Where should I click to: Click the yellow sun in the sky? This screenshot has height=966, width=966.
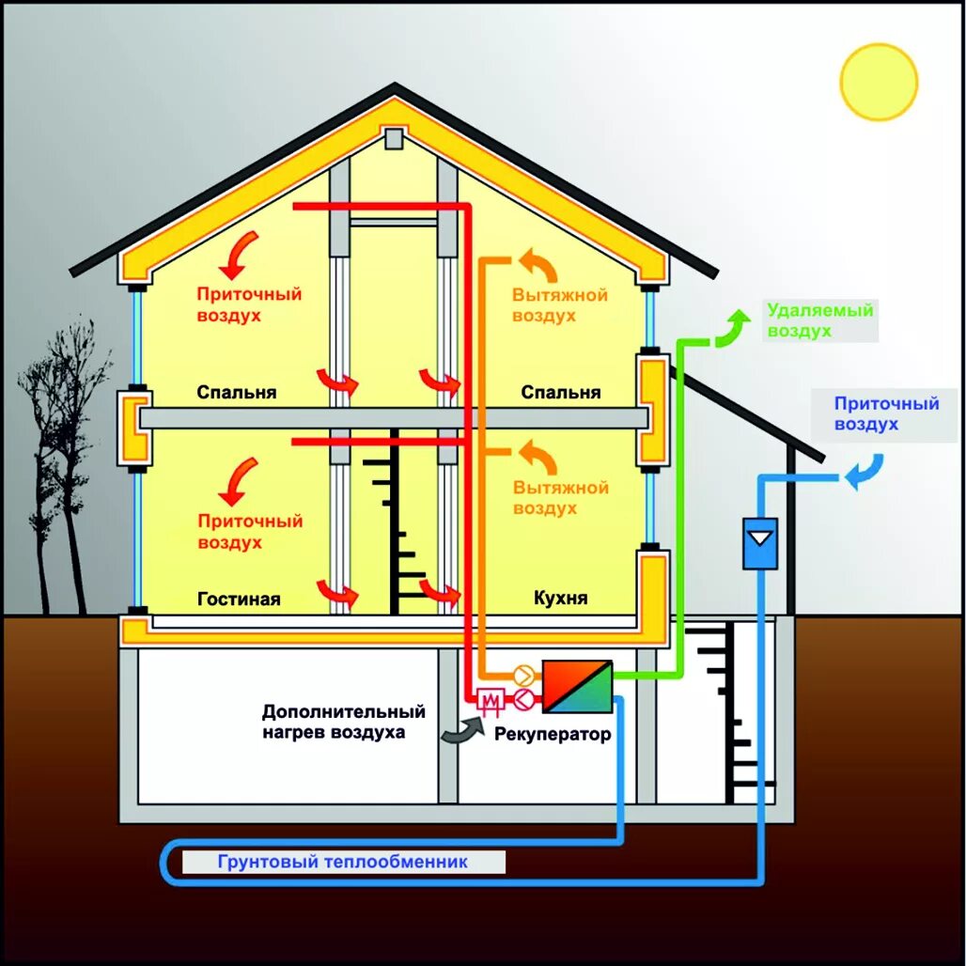click(x=878, y=82)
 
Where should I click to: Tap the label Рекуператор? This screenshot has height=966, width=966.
click(x=553, y=734)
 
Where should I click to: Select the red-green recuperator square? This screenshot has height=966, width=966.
click(x=577, y=686)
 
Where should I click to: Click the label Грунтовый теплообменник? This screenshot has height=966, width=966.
click(x=342, y=862)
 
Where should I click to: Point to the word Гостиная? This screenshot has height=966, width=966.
click(x=239, y=599)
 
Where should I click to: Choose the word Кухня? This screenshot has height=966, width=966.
click(x=560, y=598)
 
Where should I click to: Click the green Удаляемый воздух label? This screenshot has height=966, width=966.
click(x=819, y=320)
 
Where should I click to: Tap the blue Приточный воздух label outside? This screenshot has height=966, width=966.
click(x=886, y=413)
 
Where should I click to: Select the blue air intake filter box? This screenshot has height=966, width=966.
click(x=760, y=543)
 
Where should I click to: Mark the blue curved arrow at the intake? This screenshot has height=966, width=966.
click(x=864, y=472)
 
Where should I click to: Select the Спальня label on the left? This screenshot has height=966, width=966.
click(x=237, y=392)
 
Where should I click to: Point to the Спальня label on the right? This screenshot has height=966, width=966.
click(x=560, y=392)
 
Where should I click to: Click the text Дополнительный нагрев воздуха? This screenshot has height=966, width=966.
click(x=343, y=722)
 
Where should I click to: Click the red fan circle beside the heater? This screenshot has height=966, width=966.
click(x=522, y=698)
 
